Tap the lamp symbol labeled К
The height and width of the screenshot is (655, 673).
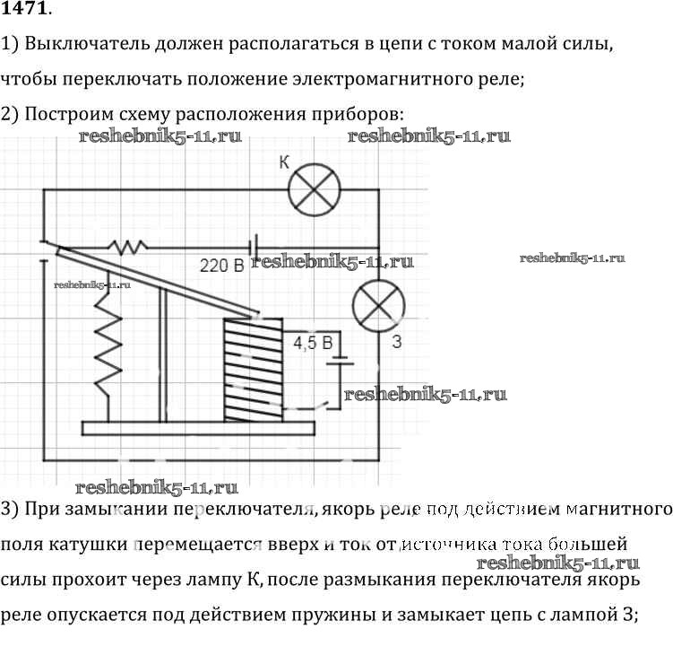pos(314,189)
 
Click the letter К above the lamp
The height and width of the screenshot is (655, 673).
pos(284,162)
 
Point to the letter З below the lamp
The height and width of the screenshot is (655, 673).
pos(396,342)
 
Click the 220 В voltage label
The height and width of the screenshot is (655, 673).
pos(221,266)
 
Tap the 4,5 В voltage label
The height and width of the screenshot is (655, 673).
pos(313,343)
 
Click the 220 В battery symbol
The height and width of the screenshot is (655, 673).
pos(255,245)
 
